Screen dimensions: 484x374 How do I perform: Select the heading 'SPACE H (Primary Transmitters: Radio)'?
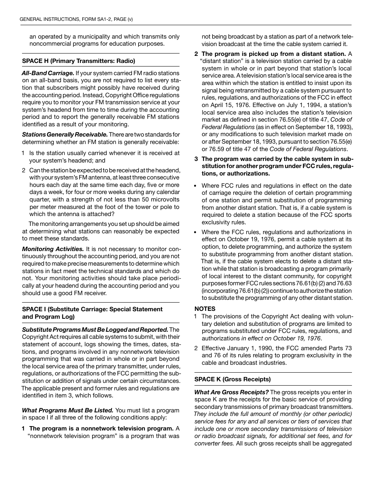pos(78,61)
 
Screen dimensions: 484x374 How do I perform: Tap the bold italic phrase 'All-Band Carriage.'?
pos(48,73)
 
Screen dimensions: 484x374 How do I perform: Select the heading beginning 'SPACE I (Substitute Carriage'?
pos(92,309)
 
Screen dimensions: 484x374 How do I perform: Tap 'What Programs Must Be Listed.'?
pos(68,410)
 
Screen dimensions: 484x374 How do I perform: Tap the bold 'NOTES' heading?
pos(205,309)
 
